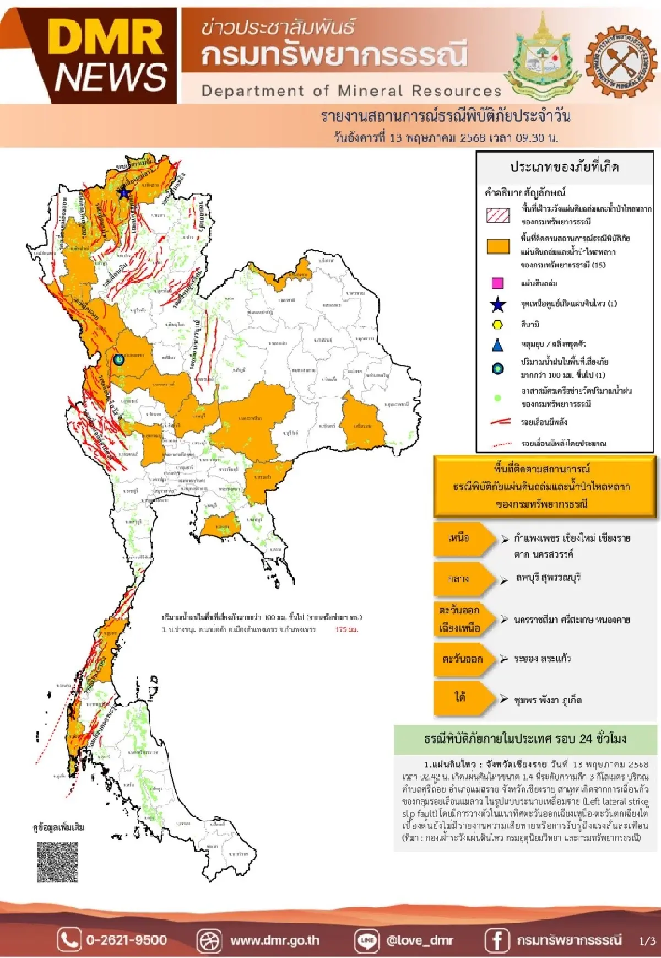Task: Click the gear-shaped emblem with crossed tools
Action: point(621,60)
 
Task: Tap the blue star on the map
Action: point(124,192)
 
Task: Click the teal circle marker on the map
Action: point(118,359)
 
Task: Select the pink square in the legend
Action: point(497,283)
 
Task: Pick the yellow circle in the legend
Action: point(497,325)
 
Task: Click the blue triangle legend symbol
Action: point(497,345)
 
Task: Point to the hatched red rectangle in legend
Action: point(498,215)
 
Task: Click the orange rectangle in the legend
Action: point(498,246)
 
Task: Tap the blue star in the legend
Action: point(497,304)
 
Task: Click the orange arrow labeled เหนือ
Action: point(463,539)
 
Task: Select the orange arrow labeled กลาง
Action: point(463,579)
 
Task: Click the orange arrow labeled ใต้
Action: point(463,698)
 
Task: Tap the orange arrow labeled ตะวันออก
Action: point(463,659)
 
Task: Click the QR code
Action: point(57,862)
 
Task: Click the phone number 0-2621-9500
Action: point(126,940)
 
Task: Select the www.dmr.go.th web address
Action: point(274,940)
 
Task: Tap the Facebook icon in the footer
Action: point(496,940)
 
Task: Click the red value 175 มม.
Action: point(346,629)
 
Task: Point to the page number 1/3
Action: point(647,940)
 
